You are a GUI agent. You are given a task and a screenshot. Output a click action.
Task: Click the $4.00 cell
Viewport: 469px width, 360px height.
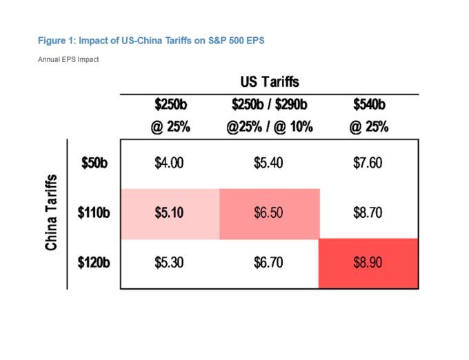click(170, 163)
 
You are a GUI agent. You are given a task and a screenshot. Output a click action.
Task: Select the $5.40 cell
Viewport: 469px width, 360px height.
click(269, 163)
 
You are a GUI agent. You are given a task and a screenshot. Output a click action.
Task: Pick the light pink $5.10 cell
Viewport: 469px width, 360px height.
click(170, 213)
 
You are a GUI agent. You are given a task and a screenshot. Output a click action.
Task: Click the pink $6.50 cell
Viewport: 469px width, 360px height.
click(269, 213)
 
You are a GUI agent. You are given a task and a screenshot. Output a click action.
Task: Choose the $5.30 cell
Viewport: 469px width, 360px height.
click(170, 263)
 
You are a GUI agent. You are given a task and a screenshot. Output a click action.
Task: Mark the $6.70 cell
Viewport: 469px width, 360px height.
click(269, 263)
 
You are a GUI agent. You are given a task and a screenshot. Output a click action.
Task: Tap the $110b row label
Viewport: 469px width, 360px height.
click(93, 213)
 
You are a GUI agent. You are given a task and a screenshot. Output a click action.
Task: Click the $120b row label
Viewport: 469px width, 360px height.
click(93, 263)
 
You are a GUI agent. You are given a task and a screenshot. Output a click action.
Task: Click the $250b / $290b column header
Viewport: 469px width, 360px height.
click(269, 106)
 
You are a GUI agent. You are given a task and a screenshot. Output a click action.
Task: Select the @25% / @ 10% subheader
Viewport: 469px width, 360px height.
click(269, 127)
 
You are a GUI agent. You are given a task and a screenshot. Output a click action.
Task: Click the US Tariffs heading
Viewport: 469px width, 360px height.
click(269, 82)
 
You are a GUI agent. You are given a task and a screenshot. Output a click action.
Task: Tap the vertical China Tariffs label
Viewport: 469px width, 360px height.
click(51, 214)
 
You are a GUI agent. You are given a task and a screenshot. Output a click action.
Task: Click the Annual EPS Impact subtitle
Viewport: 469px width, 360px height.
click(68, 60)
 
